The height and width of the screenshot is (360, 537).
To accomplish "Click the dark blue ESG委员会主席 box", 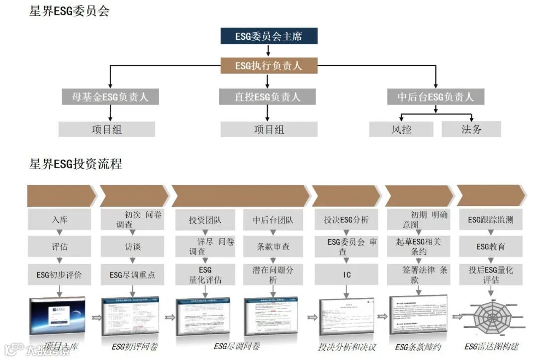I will pyautogui.click(x=268, y=36).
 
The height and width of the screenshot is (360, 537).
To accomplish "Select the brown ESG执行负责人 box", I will pyautogui.click(x=268, y=66).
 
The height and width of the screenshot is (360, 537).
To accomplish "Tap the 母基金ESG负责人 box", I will pyautogui.click(x=110, y=97).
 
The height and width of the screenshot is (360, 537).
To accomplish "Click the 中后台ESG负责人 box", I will pyautogui.click(x=436, y=97).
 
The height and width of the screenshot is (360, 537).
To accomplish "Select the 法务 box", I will pyautogui.click(x=471, y=130).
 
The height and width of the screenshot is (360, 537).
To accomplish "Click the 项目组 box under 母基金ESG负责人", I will pyautogui.click(x=107, y=130).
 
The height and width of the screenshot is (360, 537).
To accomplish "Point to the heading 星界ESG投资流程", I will pyautogui.click(x=76, y=164).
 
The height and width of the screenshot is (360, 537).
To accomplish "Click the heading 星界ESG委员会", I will pyautogui.click(x=70, y=11).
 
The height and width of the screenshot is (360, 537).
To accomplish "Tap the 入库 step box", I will pyautogui.click(x=59, y=220).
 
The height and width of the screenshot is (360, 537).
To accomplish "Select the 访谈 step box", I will pyautogui.click(x=132, y=247).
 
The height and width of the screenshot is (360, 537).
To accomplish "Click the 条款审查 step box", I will pyautogui.click(x=273, y=247).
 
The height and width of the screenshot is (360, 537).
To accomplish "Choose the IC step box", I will pyautogui.click(x=347, y=274).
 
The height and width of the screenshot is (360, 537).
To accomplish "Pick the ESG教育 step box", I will pyautogui.click(x=490, y=247).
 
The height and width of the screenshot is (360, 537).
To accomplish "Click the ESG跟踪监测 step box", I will pyautogui.click(x=490, y=220).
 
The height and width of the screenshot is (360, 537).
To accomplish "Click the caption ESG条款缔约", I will pyautogui.click(x=418, y=347).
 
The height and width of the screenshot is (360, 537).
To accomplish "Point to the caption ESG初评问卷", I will pyautogui.click(x=134, y=347).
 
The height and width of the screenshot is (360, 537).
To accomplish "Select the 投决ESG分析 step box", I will pyautogui.click(x=347, y=220).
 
